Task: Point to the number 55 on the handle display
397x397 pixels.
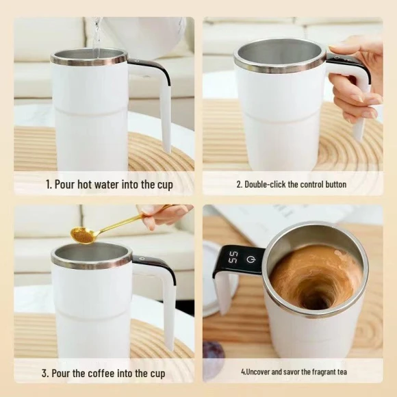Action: [x=233, y=257]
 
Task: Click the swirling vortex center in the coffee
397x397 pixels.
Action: [x=317, y=296]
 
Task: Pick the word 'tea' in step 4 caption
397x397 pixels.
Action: [x=342, y=372]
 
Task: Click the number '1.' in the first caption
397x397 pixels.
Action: [x=49, y=185]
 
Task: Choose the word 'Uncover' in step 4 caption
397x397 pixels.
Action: [x=258, y=372]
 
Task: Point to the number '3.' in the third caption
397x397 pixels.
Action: [x=46, y=373]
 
